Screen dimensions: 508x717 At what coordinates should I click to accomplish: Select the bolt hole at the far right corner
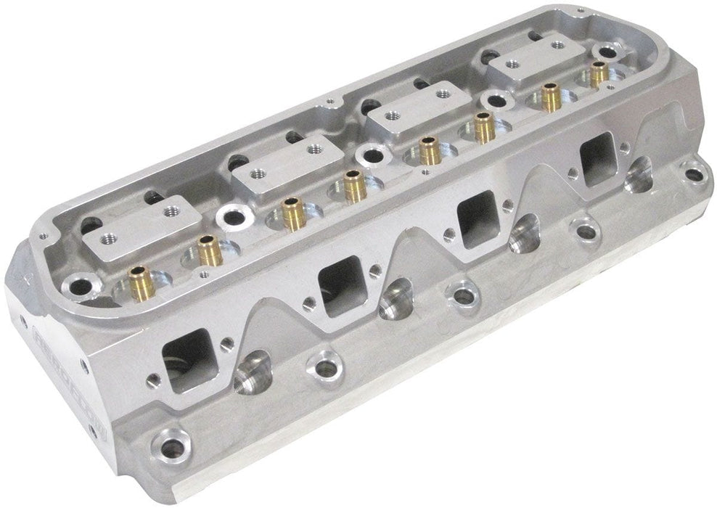coord(695,173)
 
